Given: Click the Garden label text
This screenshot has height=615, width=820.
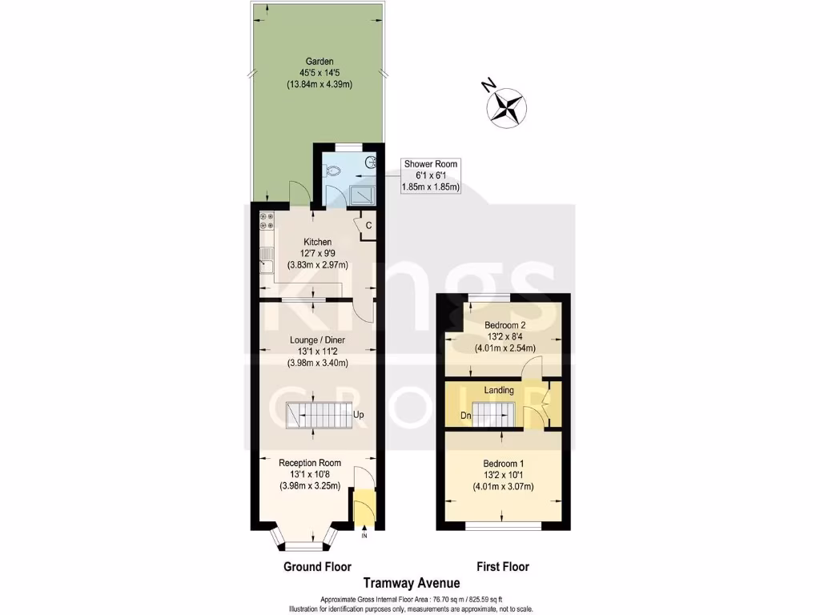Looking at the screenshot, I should point(318,61).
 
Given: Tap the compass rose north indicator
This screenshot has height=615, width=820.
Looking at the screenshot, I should point(506,105).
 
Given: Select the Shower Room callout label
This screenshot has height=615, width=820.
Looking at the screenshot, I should point(430,175).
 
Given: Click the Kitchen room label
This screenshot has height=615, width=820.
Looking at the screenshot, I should point(317,243).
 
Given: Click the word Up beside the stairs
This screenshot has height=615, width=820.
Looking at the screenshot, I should point(359,416).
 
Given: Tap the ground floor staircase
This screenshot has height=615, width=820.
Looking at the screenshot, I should point(317,416).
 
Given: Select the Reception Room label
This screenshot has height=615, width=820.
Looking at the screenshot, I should point(309,463).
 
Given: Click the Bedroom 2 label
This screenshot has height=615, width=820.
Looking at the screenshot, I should point(504,325).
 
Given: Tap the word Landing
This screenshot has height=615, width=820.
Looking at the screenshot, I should point(499,390).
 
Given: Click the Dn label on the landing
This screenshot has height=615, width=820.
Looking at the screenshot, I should point(465,416).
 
